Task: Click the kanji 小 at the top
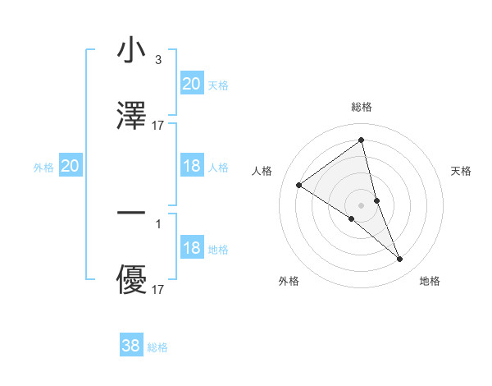[131, 51]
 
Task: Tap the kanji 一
[131, 215]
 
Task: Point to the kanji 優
[131, 281]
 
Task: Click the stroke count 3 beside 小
[157, 59]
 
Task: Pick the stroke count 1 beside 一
[157, 223]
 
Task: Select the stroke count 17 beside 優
[158, 289]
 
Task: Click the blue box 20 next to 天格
[191, 84]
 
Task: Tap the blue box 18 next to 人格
[191, 166]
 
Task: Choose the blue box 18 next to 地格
[191, 248]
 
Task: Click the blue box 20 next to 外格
[70, 166]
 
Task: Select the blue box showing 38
[131, 346]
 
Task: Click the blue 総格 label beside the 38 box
[157, 347]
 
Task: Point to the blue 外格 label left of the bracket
[43, 168]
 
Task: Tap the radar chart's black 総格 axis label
[362, 107]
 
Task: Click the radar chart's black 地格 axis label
[430, 281]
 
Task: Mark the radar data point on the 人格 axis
[299, 185]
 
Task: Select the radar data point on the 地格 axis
[400, 260]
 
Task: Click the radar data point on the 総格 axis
[362, 140]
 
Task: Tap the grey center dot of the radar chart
[362, 204]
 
